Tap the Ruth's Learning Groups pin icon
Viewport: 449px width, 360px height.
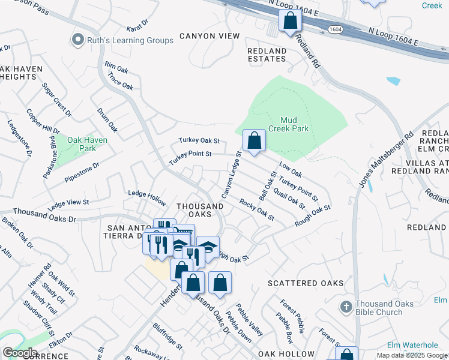point(77,40)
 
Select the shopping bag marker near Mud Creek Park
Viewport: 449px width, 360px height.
point(254,142)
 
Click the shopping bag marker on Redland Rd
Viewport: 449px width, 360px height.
point(290,21)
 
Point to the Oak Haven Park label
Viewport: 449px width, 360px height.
point(87,144)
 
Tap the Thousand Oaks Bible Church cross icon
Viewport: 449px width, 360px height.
point(346,308)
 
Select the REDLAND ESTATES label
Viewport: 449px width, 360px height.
point(267,55)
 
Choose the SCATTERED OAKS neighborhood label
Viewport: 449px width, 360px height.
point(306,283)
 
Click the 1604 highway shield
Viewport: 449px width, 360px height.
point(335,28)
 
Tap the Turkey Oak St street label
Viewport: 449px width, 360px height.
point(199,140)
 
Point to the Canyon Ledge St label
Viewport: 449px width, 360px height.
point(231,175)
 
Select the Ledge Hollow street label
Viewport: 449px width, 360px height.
point(146,194)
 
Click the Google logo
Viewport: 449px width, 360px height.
point(19,352)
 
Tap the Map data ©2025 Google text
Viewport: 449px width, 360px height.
point(412,355)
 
